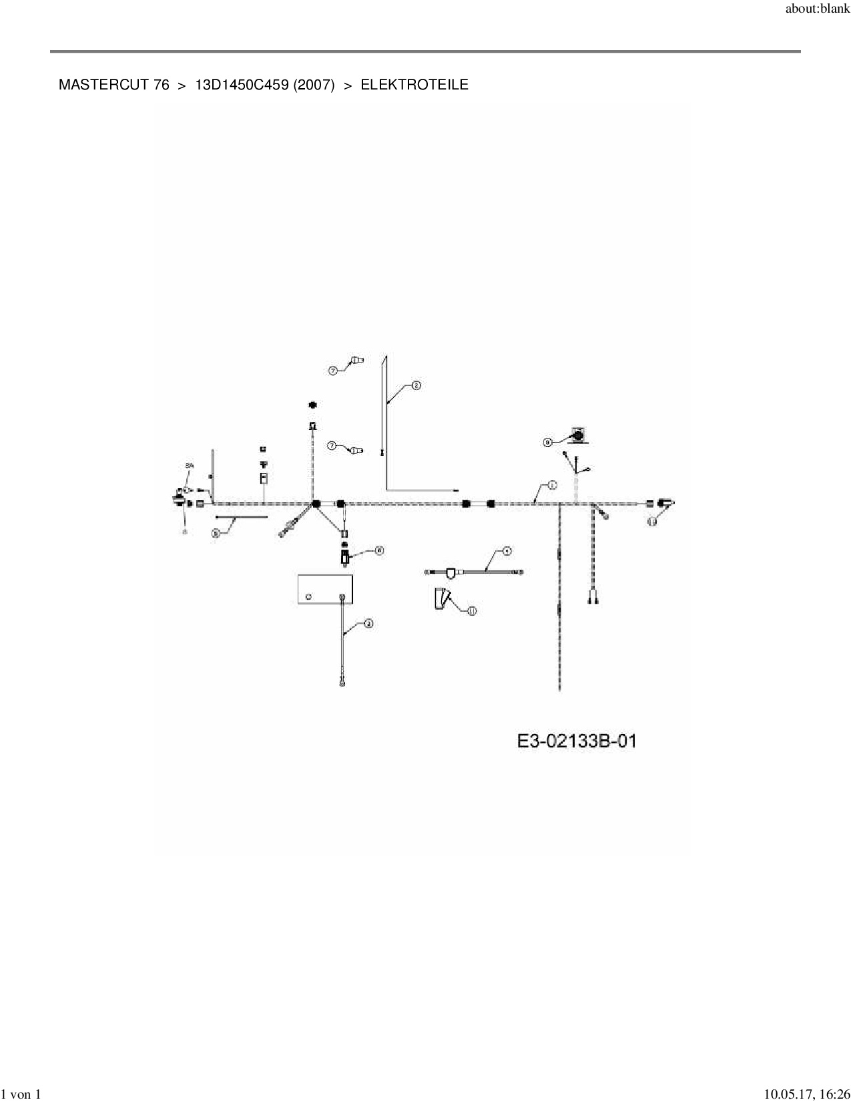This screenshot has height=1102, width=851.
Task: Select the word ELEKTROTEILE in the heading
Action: [414, 85]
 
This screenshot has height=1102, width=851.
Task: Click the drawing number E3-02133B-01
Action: [577, 741]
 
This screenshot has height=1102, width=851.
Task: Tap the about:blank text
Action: [817, 9]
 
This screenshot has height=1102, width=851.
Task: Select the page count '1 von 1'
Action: [21, 1094]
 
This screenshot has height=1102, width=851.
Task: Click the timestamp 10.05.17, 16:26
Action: [806, 1094]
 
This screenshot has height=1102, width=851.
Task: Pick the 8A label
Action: [189, 466]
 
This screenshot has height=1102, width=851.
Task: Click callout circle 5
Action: [216, 533]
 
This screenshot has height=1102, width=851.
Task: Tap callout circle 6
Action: [378, 550]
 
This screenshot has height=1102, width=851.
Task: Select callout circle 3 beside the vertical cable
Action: [368, 624]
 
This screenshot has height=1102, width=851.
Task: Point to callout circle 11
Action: [472, 610]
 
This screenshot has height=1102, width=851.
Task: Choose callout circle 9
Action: [547, 441]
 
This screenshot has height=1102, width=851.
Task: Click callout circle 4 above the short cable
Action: [507, 552]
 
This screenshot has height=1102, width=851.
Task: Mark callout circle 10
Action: [652, 522]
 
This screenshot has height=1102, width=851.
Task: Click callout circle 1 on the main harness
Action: [551, 485]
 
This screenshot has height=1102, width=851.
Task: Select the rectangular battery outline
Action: [324, 588]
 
